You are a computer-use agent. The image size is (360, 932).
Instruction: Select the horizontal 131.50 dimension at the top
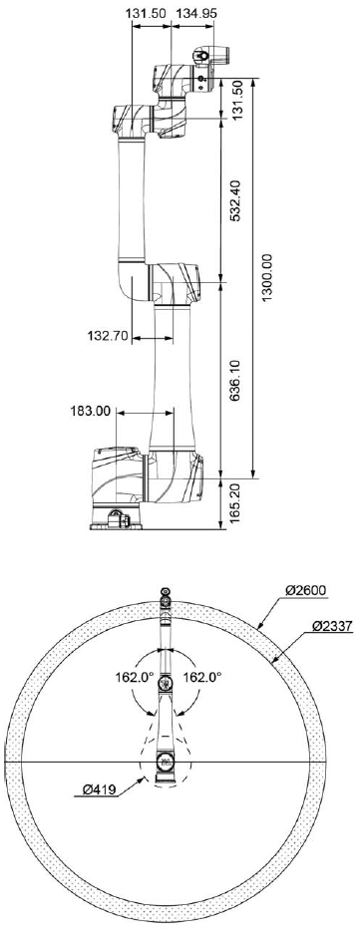[149, 13]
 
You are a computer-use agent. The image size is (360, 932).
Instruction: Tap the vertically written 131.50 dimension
[237, 98]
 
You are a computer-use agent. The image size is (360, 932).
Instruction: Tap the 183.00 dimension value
[92, 411]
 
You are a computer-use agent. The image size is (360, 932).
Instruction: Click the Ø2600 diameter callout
[306, 590]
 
